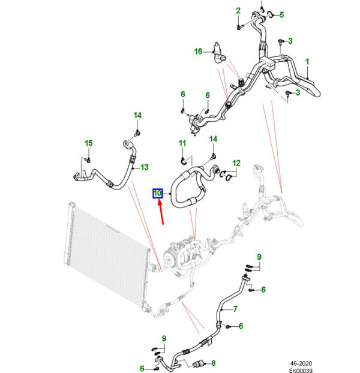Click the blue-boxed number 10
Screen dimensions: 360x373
pos(157,193)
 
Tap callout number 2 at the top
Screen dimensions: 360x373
pos(238,11)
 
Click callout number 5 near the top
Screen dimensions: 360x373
pos(281,14)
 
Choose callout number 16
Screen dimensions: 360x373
pos(198,52)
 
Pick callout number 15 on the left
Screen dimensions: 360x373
pos(88,143)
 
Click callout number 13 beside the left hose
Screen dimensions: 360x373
pos(144,167)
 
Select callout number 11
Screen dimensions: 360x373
pos(182,143)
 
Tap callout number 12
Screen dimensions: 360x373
pos(236,163)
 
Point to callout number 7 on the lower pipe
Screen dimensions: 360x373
pos(236,309)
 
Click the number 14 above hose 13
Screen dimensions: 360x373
pos(137,115)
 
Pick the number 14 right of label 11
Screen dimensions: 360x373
pos(212,140)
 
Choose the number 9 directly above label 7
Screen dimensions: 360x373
pos(259,257)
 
